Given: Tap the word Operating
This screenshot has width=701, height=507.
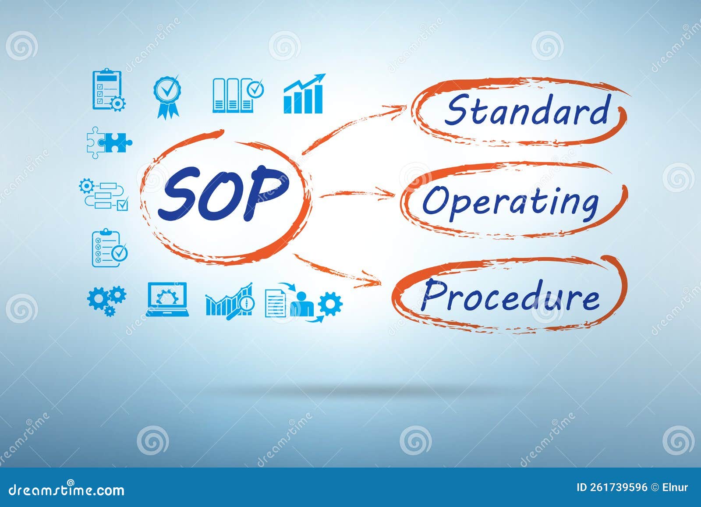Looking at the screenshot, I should point(510,202).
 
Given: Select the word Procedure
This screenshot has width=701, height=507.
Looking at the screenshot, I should point(510,296).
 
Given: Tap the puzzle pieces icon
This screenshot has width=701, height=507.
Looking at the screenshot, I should point(109,142).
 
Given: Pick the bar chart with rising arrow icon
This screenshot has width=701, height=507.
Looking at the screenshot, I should point(304,94).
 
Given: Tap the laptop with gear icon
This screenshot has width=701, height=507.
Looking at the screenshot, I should point(167,299).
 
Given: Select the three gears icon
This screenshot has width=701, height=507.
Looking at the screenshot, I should point(106,300).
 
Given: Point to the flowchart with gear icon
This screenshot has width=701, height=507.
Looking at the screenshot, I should point(104,194).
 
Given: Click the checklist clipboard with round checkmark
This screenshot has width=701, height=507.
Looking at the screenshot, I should point(109,248).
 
